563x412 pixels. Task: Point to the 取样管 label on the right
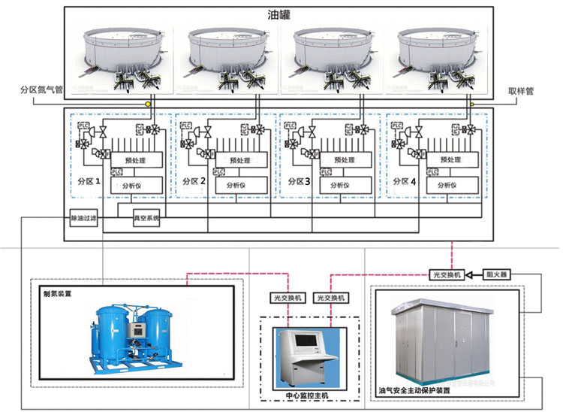521,91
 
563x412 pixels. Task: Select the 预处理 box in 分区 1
135,159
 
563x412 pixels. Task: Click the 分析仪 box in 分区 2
239,183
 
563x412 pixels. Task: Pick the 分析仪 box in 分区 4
450,183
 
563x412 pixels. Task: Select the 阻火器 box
497,274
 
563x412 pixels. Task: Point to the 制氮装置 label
57,294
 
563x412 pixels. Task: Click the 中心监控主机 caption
304,395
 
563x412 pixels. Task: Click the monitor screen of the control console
306,341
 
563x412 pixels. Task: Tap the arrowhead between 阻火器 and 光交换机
469,275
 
